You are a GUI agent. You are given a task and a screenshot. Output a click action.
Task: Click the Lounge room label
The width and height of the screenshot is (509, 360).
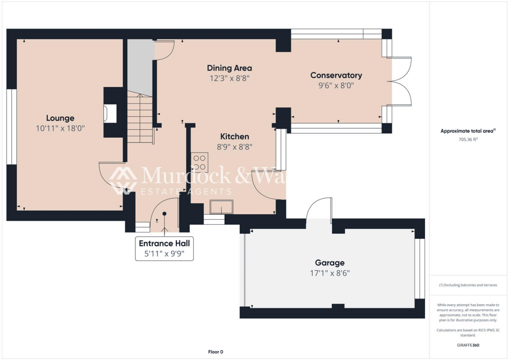[60, 118]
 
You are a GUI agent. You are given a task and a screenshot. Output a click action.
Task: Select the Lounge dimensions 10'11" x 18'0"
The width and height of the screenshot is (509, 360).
[60, 128]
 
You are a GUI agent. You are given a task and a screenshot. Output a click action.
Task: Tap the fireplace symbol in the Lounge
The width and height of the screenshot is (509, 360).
[109, 113]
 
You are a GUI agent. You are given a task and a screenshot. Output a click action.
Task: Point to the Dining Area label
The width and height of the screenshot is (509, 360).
[229, 68]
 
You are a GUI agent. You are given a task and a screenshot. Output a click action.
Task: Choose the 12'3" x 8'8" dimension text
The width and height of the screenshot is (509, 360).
[229, 78]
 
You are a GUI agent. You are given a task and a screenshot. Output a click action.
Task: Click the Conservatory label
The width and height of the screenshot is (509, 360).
[336, 75]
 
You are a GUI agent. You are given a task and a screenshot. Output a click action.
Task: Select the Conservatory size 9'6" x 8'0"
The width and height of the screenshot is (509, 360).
[336, 85]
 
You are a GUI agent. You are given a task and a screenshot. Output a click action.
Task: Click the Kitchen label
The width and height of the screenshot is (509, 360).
[235, 136]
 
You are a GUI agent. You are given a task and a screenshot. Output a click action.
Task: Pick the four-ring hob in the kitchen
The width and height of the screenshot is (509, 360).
[199, 163]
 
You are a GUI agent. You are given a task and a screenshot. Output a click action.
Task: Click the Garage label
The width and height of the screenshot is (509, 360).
[330, 263]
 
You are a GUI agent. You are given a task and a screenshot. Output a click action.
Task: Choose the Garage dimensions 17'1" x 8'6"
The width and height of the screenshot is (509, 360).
[330, 272]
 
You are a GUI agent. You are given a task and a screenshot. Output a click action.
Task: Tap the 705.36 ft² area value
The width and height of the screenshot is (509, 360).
[468, 140]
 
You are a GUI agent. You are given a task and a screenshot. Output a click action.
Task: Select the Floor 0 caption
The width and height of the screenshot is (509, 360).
[215, 352]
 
